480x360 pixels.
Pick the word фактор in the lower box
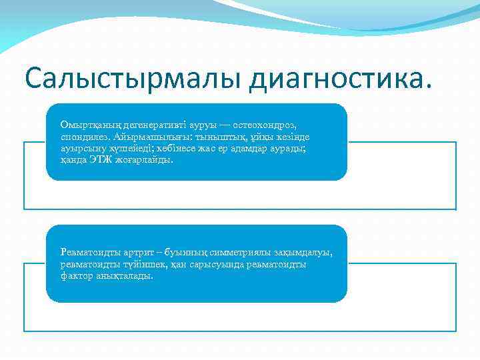[75, 275]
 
